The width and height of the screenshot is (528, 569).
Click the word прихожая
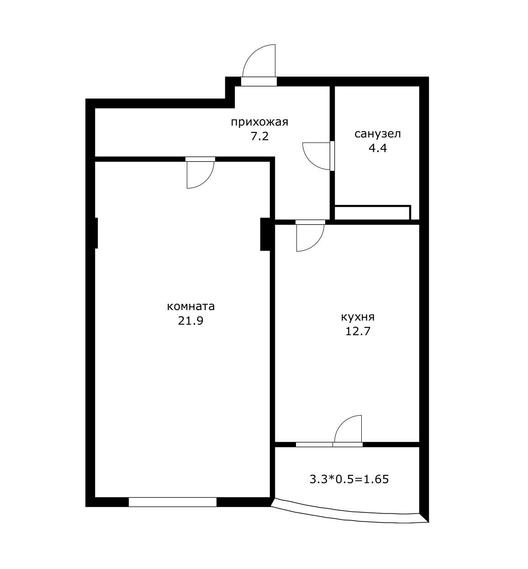259,123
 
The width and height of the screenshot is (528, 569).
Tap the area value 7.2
259,137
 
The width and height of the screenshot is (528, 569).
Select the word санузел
377,134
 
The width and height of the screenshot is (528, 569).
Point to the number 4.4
378,148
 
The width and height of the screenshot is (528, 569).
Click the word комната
190,306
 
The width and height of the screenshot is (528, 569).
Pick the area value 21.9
190,321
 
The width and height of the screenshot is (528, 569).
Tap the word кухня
358,317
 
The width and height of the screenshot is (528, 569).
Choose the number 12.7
358,332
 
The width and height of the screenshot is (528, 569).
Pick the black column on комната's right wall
265,234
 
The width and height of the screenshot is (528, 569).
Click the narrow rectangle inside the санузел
372,213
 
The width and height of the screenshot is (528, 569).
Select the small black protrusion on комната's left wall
96,233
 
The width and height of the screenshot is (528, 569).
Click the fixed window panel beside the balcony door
314,445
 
